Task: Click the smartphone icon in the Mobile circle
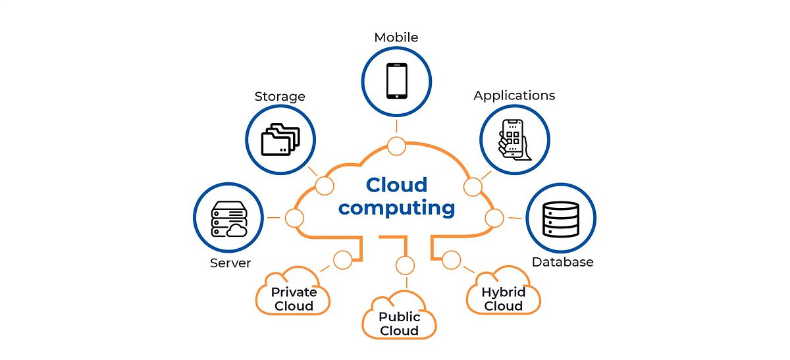coord(396,81)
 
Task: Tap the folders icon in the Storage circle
coord(280,140)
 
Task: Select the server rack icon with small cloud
coord(228,219)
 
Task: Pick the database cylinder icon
coord(560,219)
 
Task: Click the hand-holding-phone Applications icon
coord(513,140)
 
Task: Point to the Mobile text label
coord(396,38)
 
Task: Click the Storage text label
coord(280,97)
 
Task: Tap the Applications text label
coord(514,95)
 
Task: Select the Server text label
coord(230,263)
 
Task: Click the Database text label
coord(562,262)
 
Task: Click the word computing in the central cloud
coord(396,208)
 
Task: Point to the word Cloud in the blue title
coord(396,185)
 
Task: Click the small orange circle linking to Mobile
coord(396,146)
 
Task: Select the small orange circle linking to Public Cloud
coord(406,265)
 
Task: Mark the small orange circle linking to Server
coord(294,218)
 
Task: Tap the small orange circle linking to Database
coord(494,218)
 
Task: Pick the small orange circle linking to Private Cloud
coord(342,260)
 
